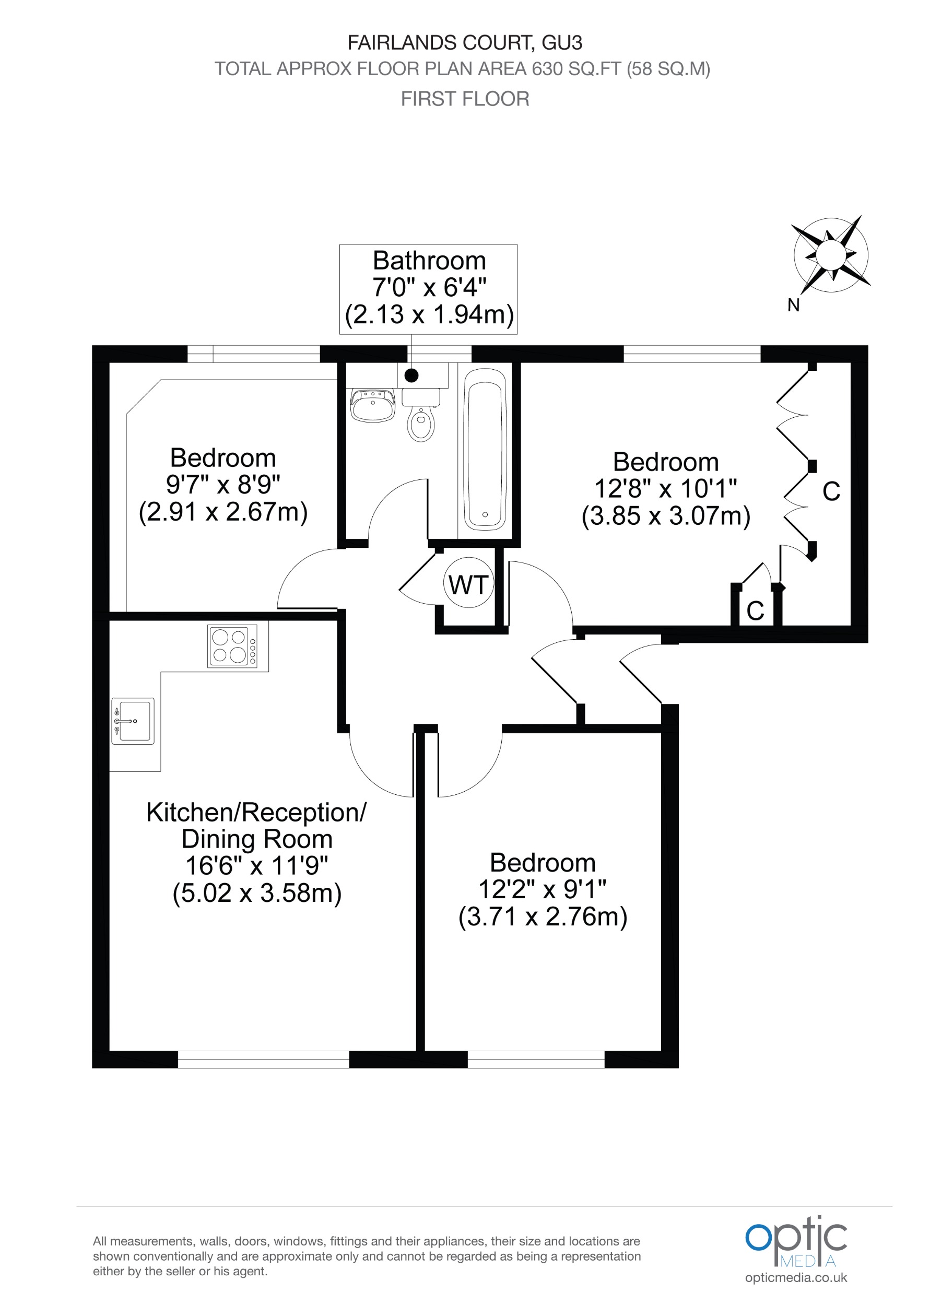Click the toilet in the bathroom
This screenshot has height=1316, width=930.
pyautogui.click(x=421, y=417)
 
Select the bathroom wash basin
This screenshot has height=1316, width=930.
pyautogui.click(x=372, y=405)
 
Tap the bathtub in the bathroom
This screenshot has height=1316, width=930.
pyautogui.click(x=485, y=449)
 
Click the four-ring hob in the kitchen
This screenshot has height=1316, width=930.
pyautogui.click(x=232, y=646)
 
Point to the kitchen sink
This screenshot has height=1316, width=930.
pyautogui.click(x=134, y=721)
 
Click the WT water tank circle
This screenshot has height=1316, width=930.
pyautogui.click(x=468, y=583)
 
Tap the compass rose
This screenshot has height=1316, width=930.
pyautogui.click(x=830, y=254)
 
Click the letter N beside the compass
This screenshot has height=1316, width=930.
pyautogui.click(x=793, y=305)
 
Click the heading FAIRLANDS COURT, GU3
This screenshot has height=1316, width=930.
pyautogui.click(x=465, y=43)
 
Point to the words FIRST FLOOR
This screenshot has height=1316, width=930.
pyautogui.click(x=465, y=99)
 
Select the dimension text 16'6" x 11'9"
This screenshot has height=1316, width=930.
pyautogui.click(x=257, y=865)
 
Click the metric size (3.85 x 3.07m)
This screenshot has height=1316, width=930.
pyautogui.click(x=666, y=516)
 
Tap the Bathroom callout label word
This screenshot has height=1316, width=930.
pyautogui.click(x=429, y=261)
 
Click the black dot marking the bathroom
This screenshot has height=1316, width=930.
pyautogui.click(x=411, y=376)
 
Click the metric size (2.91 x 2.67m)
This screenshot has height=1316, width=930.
pyautogui.click(x=223, y=512)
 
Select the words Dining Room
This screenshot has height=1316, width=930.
pyautogui.click(x=257, y=839)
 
